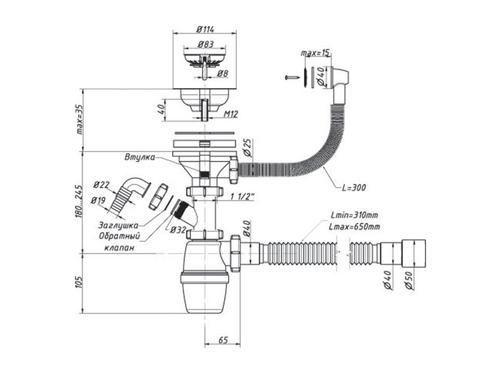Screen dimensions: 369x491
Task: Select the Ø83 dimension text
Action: pyautogui.click(x=206, y=45)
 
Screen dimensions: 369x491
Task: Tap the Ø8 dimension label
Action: pyautogui.click(x=222, y=74)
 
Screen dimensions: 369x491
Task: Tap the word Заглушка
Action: pyautogui.click(x=118, y=225)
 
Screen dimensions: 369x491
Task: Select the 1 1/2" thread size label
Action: pyautogui.click(x=242, y=197)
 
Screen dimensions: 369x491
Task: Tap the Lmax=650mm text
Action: pyautogui.click(x=355, y=226)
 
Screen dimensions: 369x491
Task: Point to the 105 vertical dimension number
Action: pyautogui.click(x=78, y=283)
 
